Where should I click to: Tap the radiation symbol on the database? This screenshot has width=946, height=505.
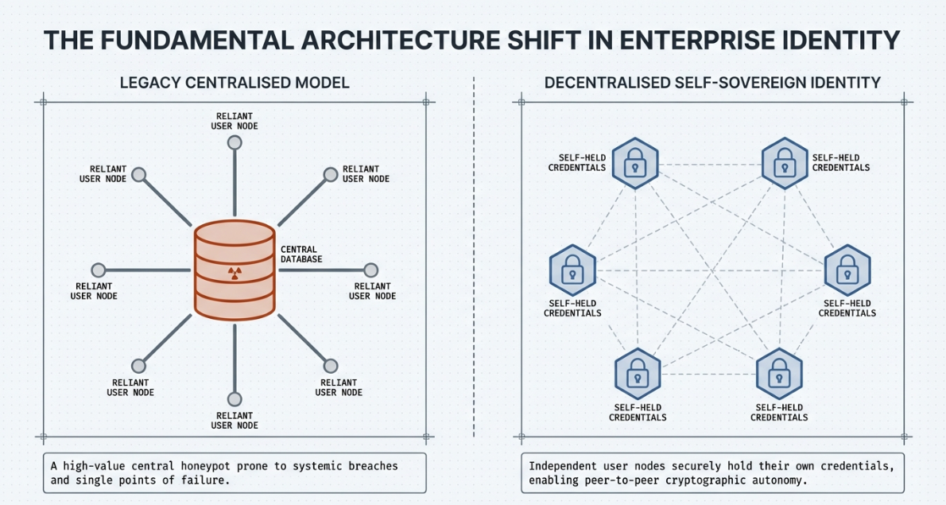coord(234,273)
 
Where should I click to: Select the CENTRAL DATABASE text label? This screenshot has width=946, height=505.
coord(301,254)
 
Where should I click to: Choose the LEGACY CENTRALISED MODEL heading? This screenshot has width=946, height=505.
coord(235,83)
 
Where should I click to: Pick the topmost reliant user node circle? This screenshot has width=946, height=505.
coord(234,142)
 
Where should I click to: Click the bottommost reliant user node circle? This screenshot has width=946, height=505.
coord(234,398)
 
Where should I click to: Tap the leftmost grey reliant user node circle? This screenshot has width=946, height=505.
coord(99,270)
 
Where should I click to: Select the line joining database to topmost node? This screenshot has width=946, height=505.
coord(234,183)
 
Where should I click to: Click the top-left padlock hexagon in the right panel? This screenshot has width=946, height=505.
coord(634,164)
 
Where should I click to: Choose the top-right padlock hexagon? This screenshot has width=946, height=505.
coord(785,164)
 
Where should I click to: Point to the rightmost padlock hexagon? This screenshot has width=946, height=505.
coord(847,270)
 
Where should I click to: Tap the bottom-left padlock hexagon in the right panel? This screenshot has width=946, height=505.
coord(637,373)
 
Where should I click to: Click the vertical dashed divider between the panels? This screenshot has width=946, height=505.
coord(474,254)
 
